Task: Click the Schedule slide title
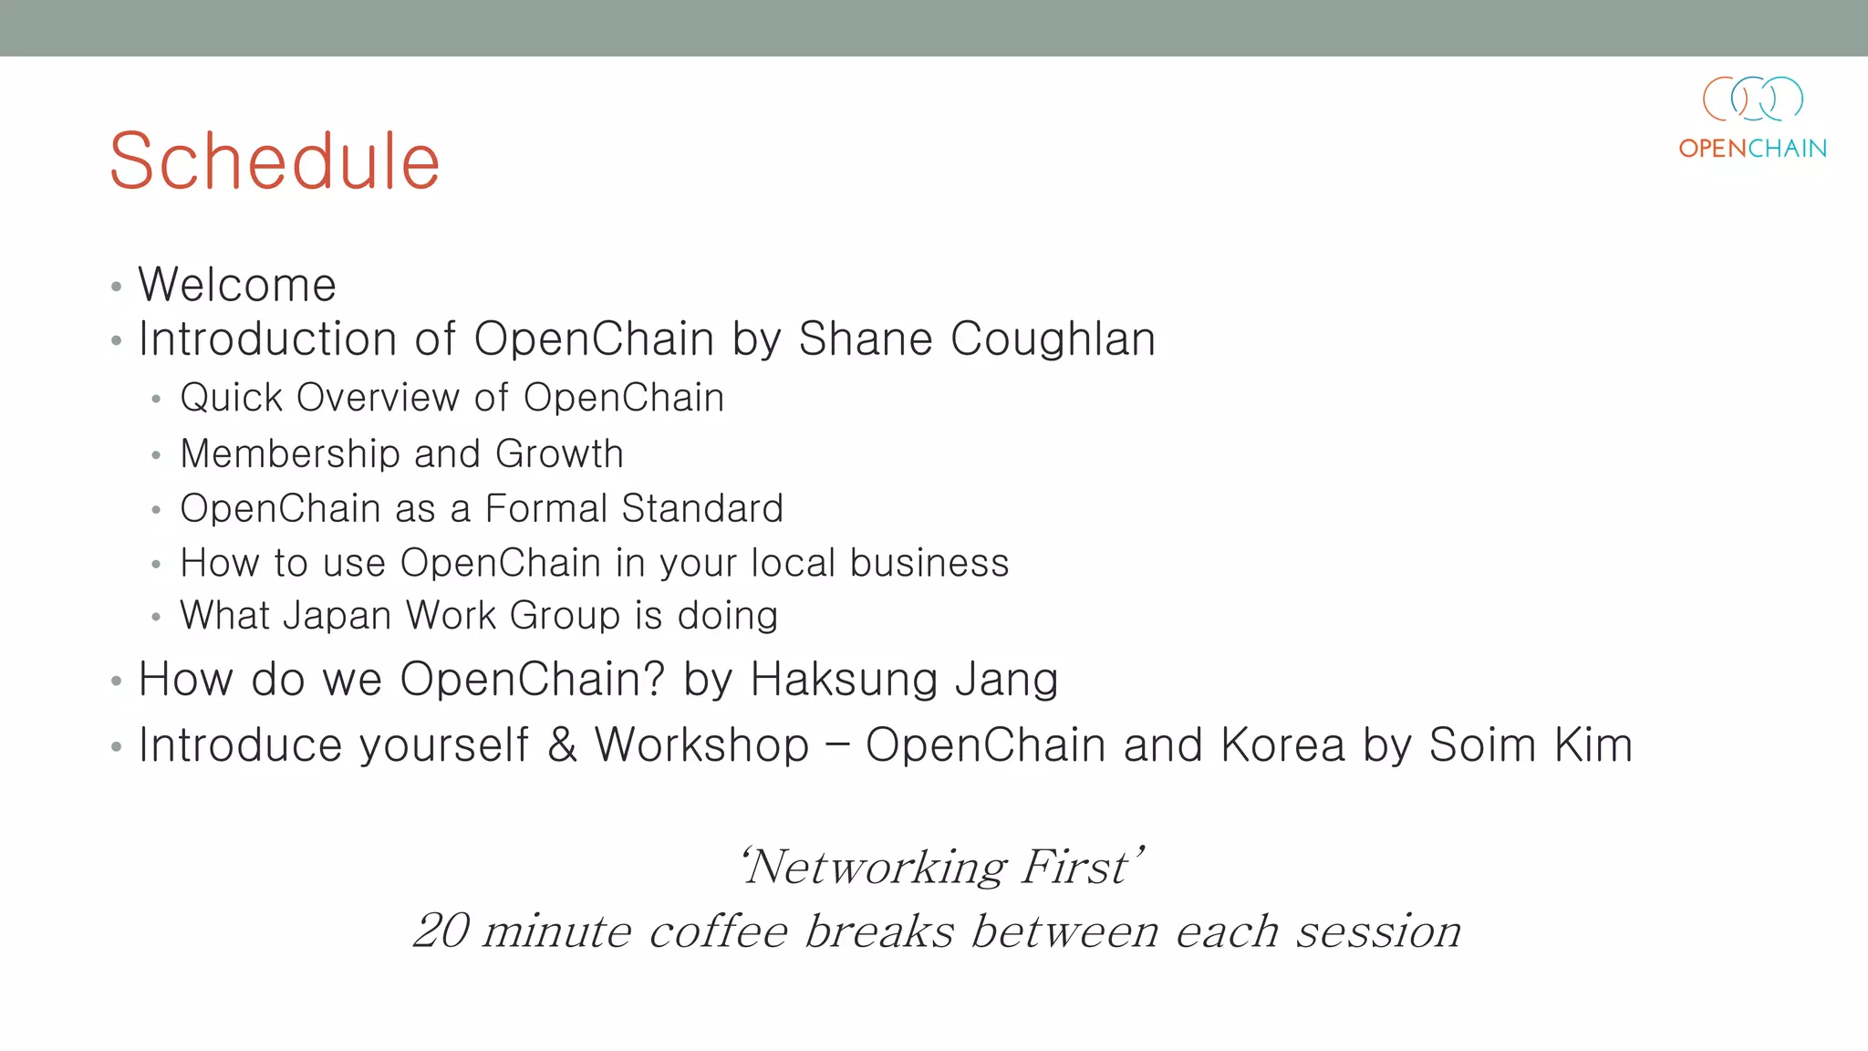[x=275, y=161]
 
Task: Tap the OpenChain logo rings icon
[x=1752, y=99]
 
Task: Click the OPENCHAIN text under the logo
[x=1752, y=149]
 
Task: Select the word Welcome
[x=237, y=285]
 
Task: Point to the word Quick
[x=232, y=399]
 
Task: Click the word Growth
[x=559, y=454]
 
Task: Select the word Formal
[x=545, y=509]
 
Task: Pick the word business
[x=929, y=563]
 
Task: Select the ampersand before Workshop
[x=562, y=745]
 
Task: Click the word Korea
[x=1282, y=745]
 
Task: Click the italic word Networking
[x=876, y=867]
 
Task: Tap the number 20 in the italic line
[x=441, y=931]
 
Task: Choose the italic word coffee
[x=718, y=931]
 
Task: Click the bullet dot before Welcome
[x=116, y=287]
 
